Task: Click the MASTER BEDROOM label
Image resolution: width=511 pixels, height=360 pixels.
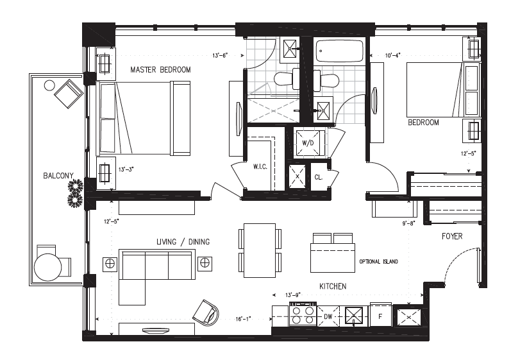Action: point(160,69)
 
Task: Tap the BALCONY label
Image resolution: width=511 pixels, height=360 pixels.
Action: point(58,176)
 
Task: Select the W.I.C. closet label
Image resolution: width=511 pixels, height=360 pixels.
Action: point(260,167)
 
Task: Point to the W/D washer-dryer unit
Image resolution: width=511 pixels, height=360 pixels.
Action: point(308,143)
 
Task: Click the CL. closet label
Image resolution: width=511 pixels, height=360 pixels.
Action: point(319,177)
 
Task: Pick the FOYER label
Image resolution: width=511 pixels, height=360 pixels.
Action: point(452,236)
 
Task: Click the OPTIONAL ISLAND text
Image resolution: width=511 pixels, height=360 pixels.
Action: point(378,262)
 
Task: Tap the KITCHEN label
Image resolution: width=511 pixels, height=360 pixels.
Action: point(333,286)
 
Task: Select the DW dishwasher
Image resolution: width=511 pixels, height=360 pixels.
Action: point(328,316)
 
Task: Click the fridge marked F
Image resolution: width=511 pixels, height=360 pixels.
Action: point(381,315)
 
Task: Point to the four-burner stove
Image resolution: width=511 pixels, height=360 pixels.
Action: point(303,314)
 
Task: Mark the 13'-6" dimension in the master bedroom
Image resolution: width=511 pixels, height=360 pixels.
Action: point(220,55)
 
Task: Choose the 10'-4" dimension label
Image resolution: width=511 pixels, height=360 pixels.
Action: point(392,55)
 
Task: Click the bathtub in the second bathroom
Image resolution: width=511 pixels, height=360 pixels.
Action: point(339,51)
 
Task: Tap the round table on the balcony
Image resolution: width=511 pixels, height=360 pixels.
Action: point(48,268)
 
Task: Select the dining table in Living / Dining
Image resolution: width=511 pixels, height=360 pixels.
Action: point(260,250)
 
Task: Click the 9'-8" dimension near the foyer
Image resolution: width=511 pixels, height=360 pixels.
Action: point(408,224)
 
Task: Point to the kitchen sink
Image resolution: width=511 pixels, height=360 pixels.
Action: point(353,316)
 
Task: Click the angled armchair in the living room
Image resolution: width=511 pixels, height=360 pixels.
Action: point(206,313)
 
